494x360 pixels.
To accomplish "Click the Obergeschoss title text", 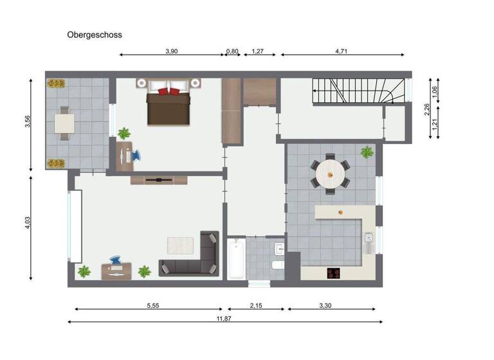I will tap(95, 35).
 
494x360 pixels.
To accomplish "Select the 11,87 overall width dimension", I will tap(224, 318).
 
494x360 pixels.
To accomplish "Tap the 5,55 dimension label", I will tap(152, 305).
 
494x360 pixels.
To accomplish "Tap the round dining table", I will tap(331, 172).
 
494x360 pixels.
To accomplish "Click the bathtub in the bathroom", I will tap(236, 258).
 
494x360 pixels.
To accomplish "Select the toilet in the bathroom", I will tap(278, 264).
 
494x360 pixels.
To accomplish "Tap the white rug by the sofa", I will tap(180, 245).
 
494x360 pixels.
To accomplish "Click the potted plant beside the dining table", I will tap(367, 152).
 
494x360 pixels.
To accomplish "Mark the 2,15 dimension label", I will tap(255, 305).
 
